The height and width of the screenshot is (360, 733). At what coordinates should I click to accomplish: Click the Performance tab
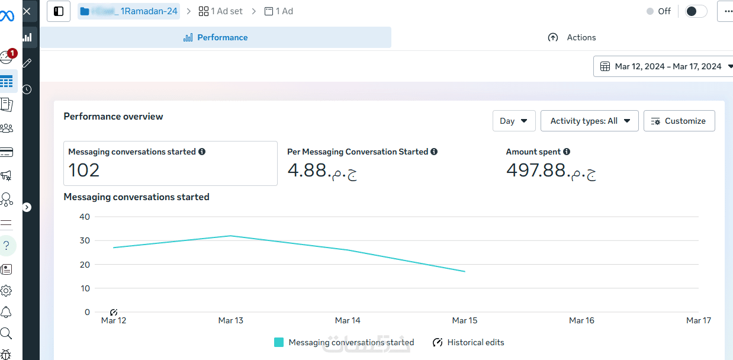(216, 37)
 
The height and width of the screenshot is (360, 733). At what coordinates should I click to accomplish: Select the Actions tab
(572, 37)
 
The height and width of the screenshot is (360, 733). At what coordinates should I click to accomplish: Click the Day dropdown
(513, 121)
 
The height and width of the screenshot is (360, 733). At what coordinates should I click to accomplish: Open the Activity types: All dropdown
(589, 121)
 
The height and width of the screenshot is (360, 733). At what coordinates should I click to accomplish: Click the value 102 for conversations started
(84, 171)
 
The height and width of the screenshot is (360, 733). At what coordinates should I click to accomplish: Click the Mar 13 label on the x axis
(230, 320)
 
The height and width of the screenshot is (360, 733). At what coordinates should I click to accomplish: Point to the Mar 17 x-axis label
(698, 320)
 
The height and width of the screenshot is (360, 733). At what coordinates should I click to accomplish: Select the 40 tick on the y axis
(85, 217)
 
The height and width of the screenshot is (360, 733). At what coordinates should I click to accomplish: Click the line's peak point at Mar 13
(230, 236)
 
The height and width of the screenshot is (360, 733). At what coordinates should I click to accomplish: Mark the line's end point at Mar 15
(465, 271)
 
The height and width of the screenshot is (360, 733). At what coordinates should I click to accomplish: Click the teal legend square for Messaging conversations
(279, 342)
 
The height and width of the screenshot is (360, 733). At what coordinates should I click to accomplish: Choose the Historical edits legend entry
(469, 342)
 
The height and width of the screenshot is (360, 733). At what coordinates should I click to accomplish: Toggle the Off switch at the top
(696, 11)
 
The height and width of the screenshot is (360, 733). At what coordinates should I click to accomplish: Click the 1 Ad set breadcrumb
(221, 11)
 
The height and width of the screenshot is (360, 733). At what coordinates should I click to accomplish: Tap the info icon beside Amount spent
(567, 152)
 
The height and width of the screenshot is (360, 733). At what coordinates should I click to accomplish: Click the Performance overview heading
(113, 117)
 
